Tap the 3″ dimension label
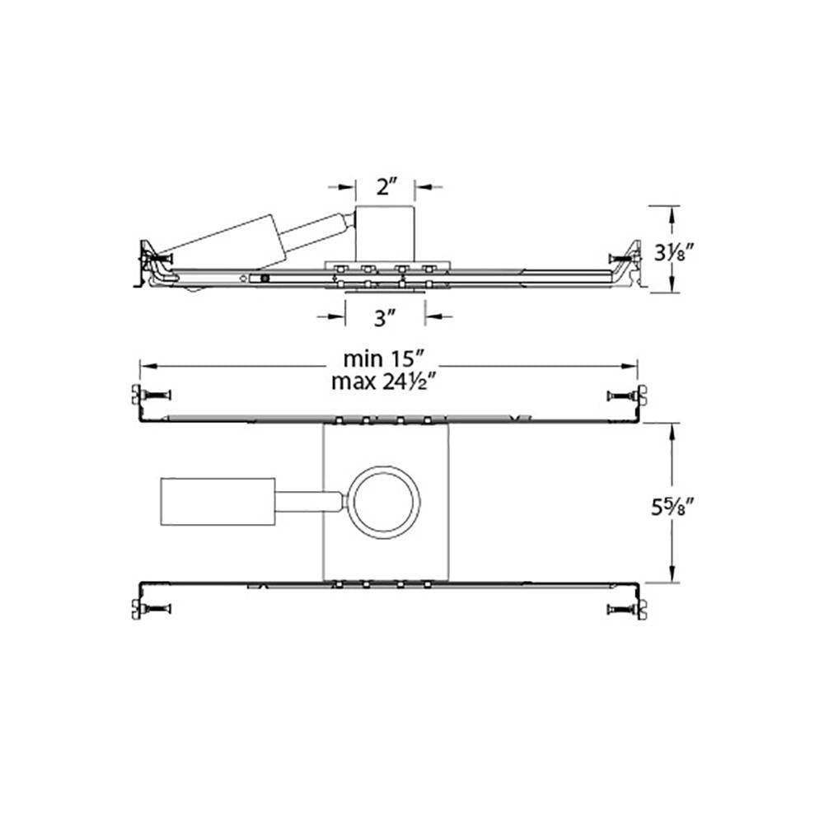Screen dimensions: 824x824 pyautogui.click(x=384, y=318)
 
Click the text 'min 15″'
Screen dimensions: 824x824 pyautogui.click(x=384, y=359)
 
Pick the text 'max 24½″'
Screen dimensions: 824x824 pyautogui.click(x=384, y=382)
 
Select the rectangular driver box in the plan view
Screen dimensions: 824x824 pyautogui.click(x=218, y=501)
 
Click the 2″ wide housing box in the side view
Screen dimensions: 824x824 pyautogui.click(x=385, y=234)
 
